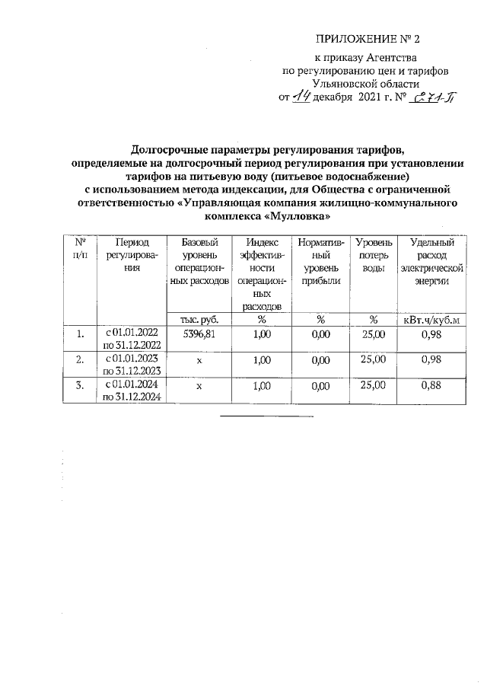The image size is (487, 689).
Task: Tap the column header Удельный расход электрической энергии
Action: coord(431,261)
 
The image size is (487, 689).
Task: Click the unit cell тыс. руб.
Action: coord(199,319)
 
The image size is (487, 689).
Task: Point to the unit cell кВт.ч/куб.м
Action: coord(431,319)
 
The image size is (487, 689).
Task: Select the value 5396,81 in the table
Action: coord(199,333)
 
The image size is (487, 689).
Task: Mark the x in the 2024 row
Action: coord(199,386)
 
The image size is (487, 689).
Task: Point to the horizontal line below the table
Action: coord(266,416)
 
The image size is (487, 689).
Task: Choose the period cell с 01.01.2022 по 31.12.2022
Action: coord(134,339)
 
